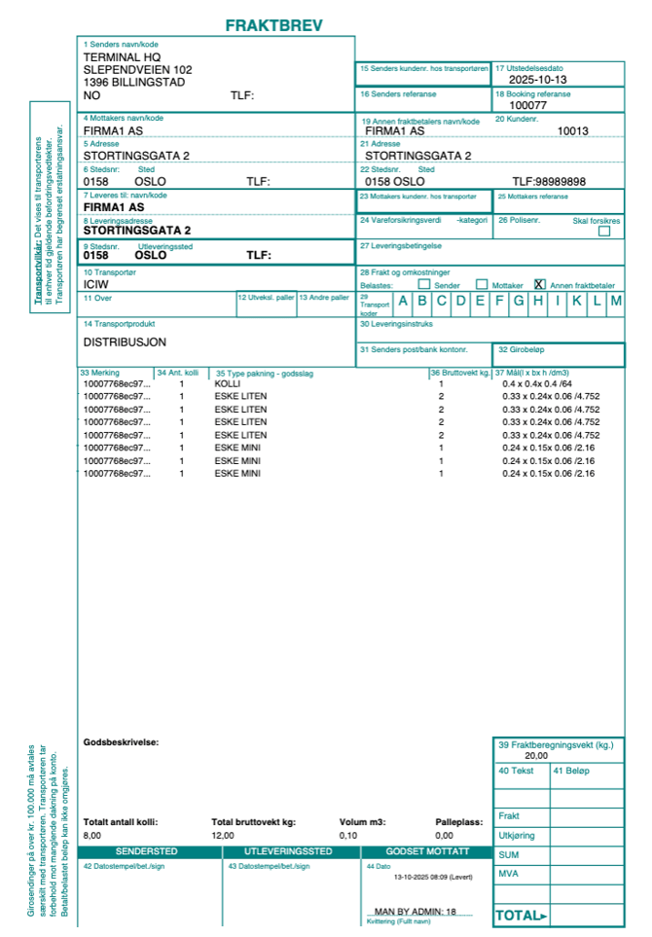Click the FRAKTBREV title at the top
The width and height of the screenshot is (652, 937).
[273, 25]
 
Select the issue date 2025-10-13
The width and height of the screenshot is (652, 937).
[537, 80]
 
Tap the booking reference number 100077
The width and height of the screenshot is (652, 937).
[528, 105]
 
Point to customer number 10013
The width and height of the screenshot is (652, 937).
[572, 130]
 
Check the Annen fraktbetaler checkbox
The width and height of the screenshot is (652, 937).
[540, 285]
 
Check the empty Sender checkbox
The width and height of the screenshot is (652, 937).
[423, 285]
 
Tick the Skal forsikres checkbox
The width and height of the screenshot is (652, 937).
[604, 232]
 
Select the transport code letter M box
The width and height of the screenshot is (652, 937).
[615, 301]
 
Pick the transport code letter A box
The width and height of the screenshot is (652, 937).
[403, 301]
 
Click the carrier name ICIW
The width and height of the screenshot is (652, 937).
[96, 285]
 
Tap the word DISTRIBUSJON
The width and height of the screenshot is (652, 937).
[125, 342]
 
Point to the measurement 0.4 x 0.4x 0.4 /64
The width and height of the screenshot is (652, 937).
[531, 383]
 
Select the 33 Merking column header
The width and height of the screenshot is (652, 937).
[101, 372]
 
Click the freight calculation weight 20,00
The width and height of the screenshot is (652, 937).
[536, 755]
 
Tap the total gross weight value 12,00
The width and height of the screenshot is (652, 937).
[223, 835]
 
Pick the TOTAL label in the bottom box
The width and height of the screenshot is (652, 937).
[522, 916]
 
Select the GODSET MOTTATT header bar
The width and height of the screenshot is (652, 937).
[425, 851]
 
